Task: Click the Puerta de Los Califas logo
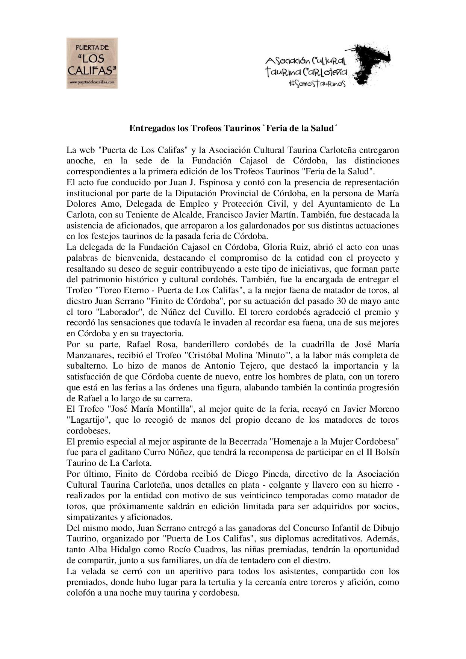tap(92, 63)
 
